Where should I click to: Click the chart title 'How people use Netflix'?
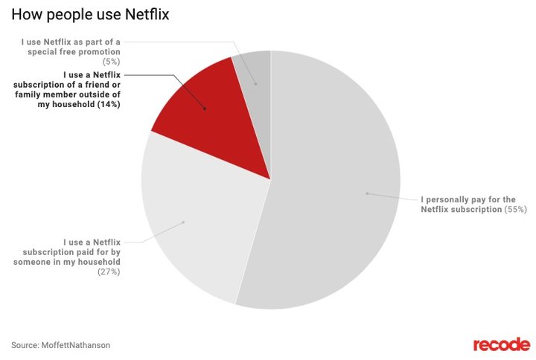(x=89, y=14)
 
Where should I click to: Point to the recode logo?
(x=501, y=344)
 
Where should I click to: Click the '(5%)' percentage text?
(x=109, y=62)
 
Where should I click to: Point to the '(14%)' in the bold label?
(x=106, y=106)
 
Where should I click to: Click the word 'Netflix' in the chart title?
(x=144, y=14)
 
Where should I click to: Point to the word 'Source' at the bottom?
(x=25, y=345)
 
